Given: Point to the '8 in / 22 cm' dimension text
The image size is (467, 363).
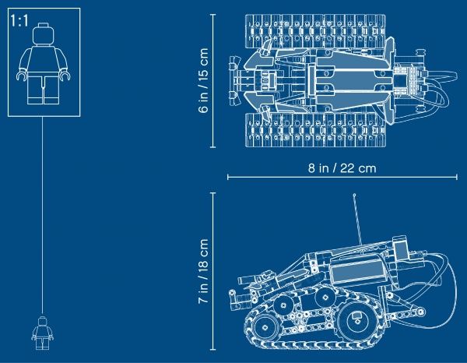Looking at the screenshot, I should click(x=342, y=168).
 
